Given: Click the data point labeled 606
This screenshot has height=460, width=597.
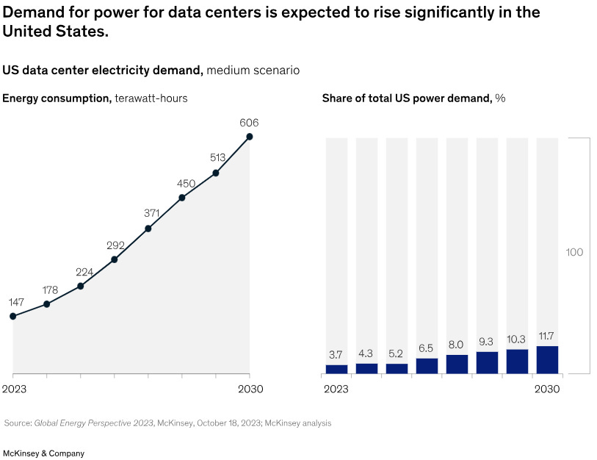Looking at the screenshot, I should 250,136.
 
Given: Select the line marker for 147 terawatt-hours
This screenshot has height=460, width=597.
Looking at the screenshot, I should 12,316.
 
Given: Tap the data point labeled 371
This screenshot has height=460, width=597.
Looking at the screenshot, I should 148,229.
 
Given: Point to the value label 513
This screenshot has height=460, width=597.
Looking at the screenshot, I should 216,157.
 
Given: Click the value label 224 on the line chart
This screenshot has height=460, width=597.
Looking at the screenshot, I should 84,272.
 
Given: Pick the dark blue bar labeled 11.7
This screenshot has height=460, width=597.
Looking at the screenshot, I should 547,359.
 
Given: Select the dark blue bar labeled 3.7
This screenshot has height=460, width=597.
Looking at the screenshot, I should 336,369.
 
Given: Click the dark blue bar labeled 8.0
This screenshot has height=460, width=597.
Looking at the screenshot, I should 457,364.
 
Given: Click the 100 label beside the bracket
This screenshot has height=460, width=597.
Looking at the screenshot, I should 574,252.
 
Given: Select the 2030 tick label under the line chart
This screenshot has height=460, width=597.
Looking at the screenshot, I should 250,389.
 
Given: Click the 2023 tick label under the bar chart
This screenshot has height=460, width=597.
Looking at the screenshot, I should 336,389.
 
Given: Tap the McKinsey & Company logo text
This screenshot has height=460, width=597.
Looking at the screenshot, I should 44,453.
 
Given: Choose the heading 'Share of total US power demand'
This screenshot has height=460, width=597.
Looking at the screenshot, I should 406,98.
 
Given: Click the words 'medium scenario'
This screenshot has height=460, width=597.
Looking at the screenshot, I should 253,71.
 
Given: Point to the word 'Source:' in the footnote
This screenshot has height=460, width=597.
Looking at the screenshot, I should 18,423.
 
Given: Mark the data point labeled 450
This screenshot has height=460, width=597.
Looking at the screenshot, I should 182,198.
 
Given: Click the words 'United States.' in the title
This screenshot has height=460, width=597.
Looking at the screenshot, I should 55,32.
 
